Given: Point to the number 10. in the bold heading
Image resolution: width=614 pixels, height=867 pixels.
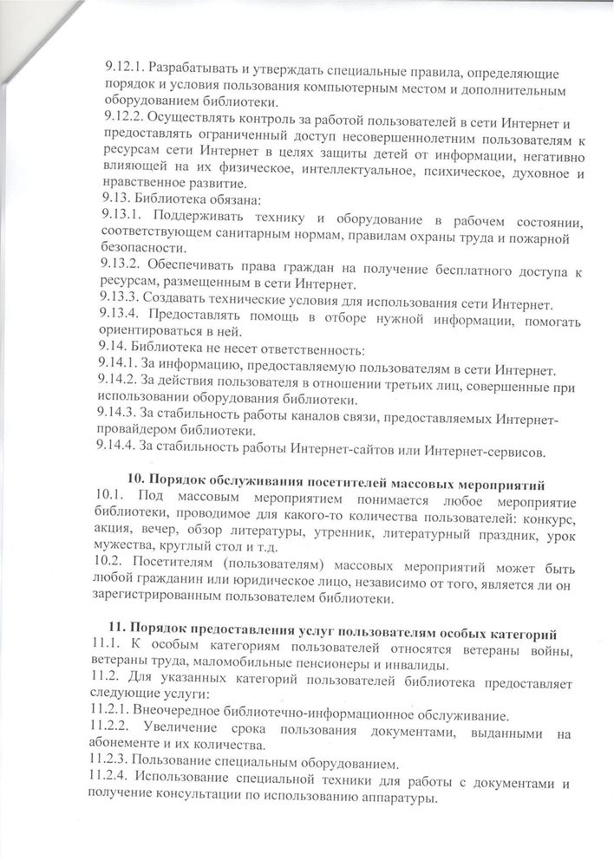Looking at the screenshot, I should [137, 480].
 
